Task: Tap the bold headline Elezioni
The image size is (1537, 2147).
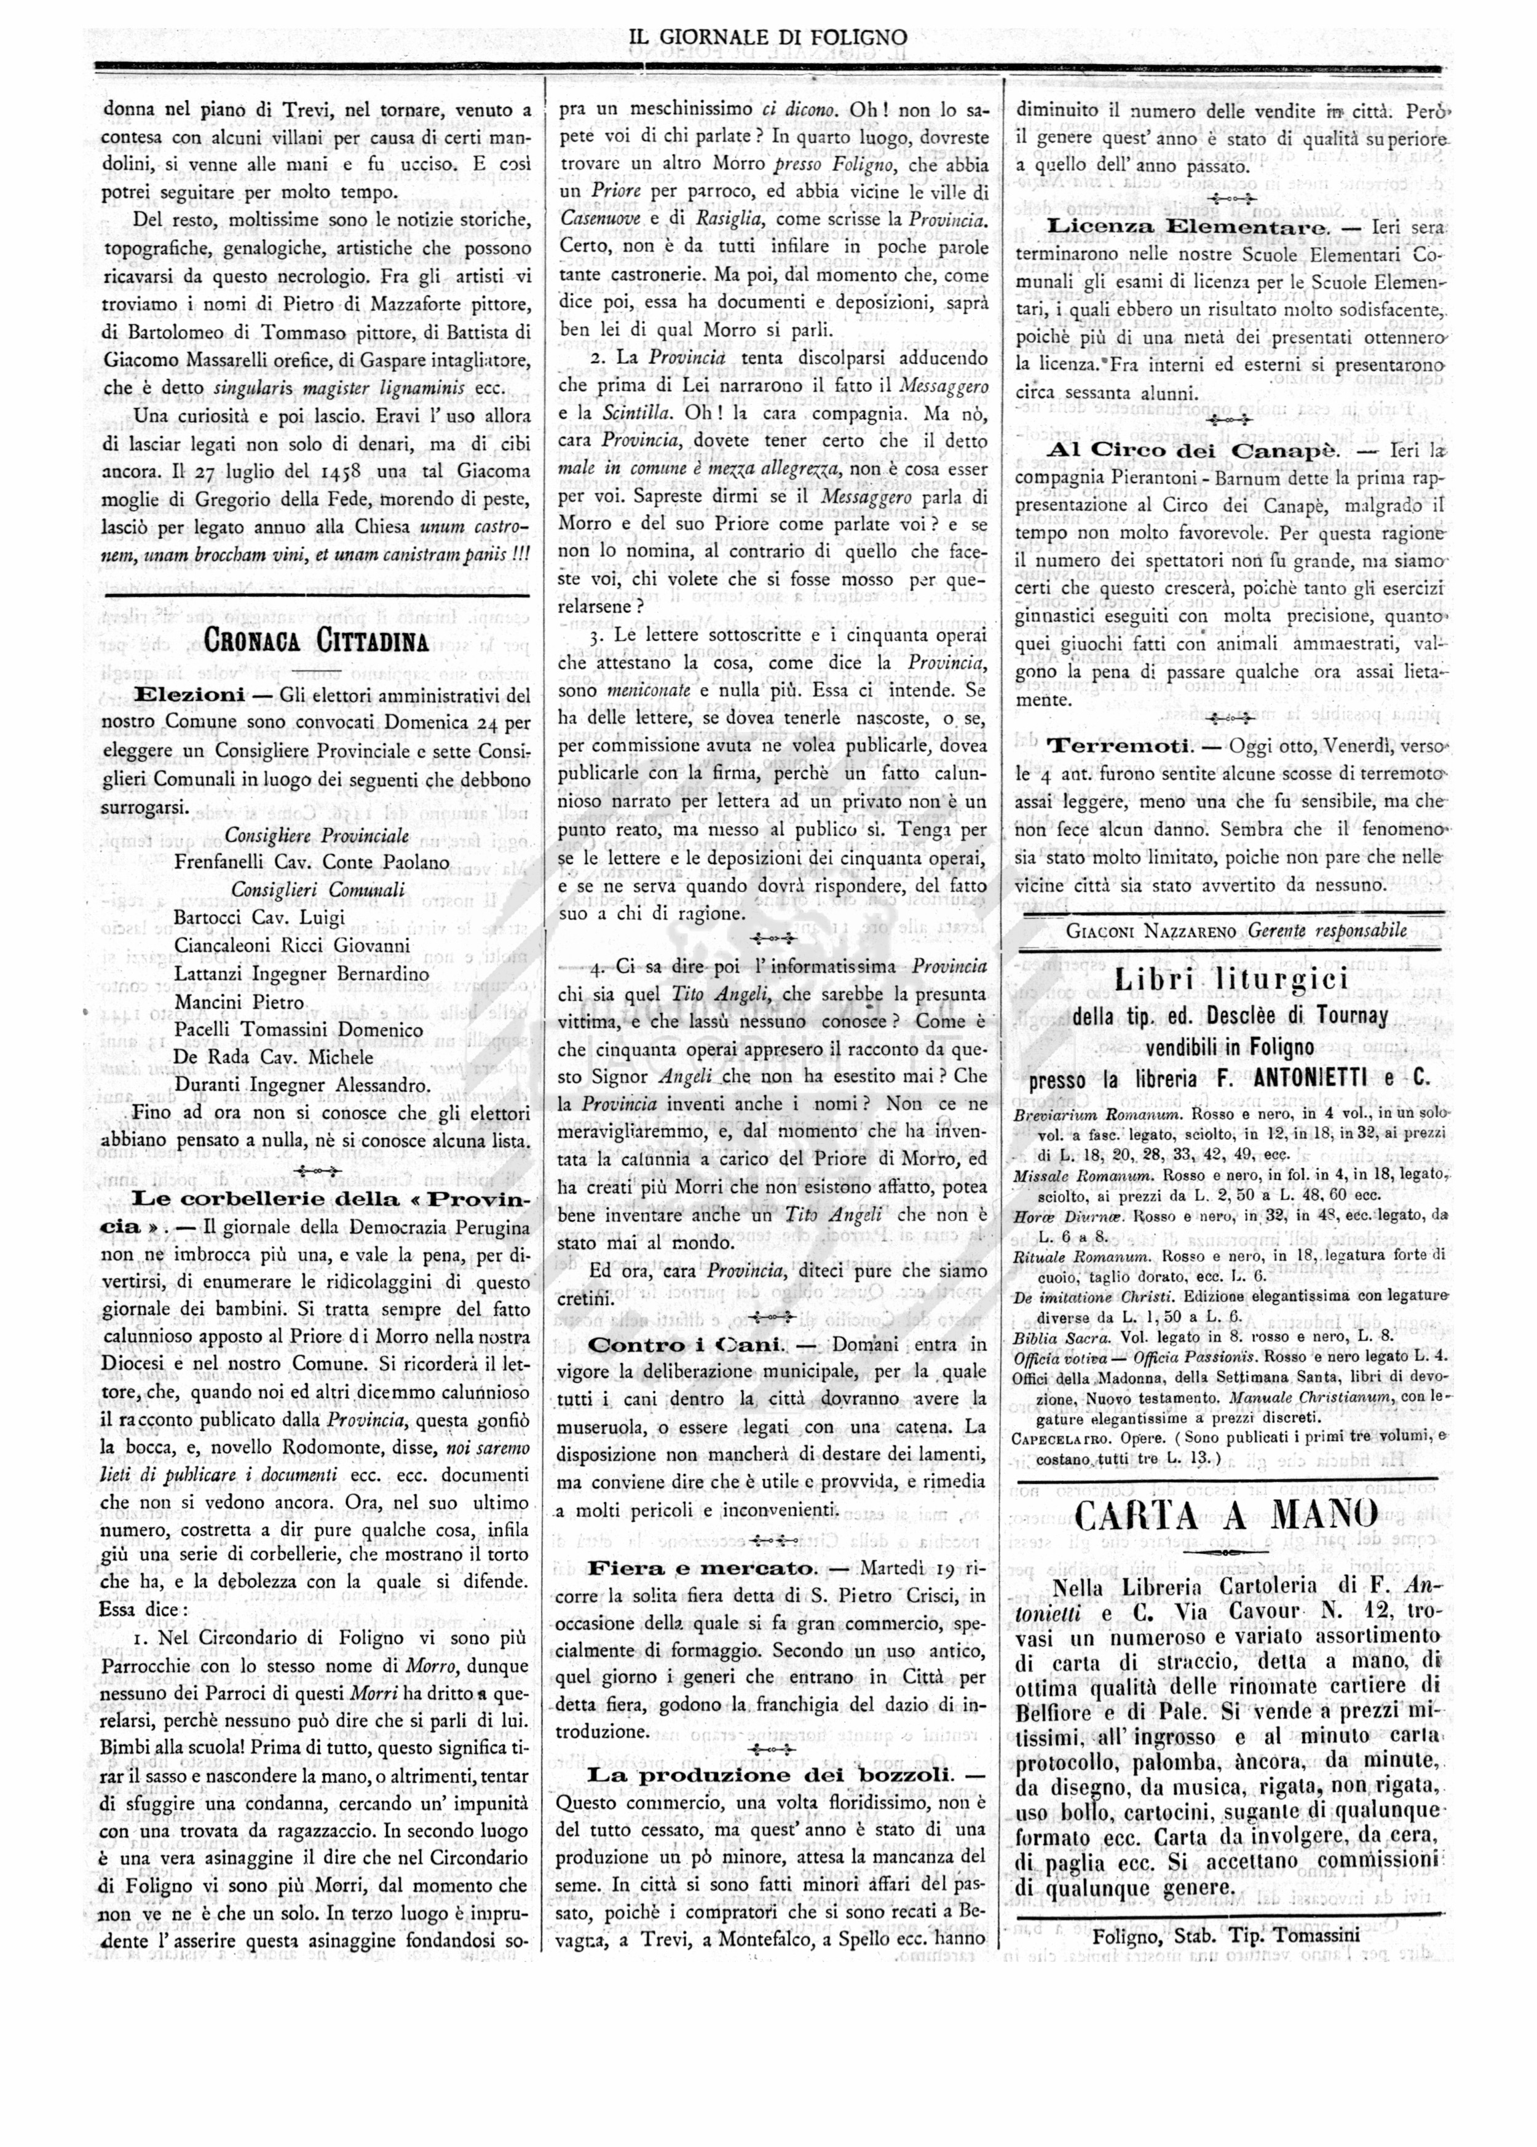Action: (189, 695)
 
